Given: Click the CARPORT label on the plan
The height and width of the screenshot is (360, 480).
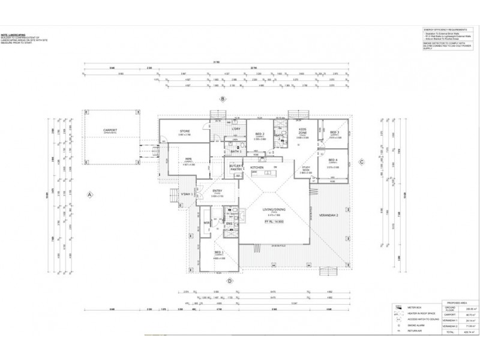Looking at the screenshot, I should [x=110, y=130].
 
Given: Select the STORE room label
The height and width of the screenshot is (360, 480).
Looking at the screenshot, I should [x=185, y=131].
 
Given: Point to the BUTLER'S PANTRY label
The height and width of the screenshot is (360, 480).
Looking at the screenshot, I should [x=236, y=168].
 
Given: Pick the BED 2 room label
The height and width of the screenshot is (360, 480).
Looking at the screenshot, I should [x=260, y=134].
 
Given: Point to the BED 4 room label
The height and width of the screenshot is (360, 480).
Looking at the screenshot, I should [x=334, y=160].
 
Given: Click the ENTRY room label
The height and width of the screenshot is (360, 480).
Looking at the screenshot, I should [x=217, y=191].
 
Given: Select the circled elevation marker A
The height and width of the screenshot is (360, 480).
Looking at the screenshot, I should [x=89, y=194].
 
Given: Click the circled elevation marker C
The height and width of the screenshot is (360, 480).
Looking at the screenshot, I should [x=362, y=161].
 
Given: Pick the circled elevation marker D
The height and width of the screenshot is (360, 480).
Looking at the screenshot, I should [x=229, y=280].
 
